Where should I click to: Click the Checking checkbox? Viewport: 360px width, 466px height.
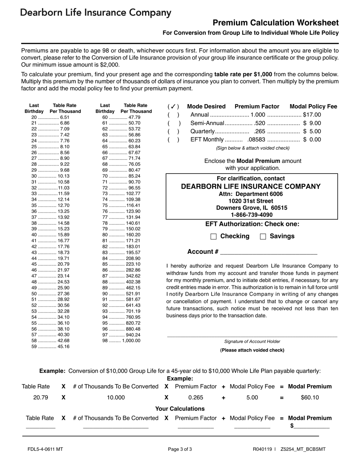point(213,236)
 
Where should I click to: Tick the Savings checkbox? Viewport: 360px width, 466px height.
point(263,236)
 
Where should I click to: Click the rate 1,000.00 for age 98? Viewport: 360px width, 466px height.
point(131,341)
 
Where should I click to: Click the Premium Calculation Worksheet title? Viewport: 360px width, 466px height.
point(275,23)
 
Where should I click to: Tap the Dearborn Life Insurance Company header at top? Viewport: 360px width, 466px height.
point(96,13)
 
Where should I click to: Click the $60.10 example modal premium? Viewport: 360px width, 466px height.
point(310,398)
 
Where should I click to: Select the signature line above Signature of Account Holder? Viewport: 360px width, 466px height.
point(252,336)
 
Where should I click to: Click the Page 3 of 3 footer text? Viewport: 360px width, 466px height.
point(180,450)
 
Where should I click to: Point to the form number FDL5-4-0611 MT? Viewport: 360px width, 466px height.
point(45,450)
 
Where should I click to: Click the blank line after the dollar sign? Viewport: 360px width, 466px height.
point(312,426)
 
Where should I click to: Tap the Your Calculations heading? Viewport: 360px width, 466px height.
point(180,409)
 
